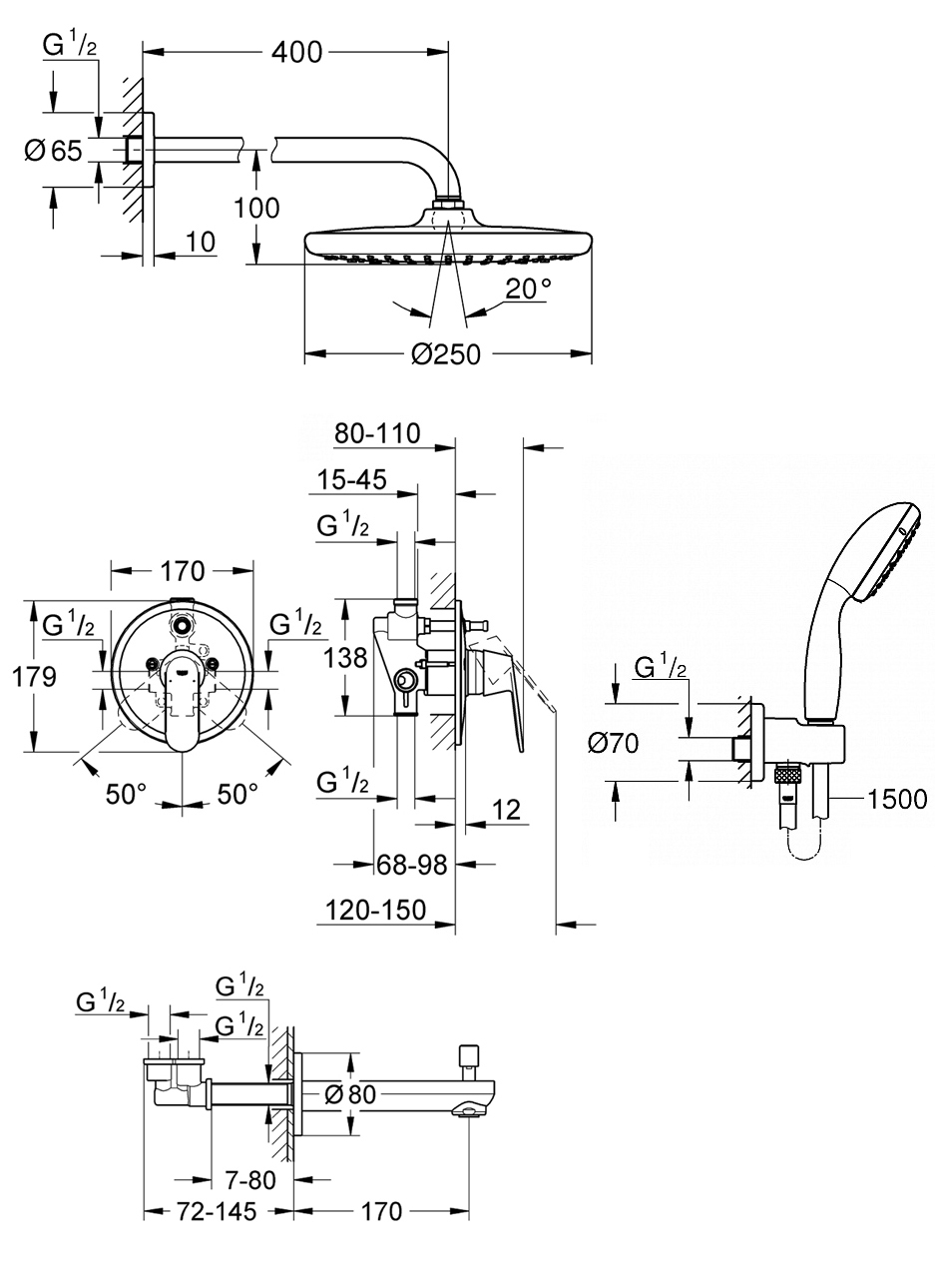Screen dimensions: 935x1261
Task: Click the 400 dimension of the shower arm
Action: pos(296,52)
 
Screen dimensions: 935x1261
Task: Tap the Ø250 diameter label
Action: pos(446,354)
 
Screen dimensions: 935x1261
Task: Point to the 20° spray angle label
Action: pos(529,289)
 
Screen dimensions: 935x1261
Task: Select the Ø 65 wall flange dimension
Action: pos(54,151)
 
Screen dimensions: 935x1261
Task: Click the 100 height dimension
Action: pos(256,208)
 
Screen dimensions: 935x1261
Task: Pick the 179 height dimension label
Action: pos(34,677)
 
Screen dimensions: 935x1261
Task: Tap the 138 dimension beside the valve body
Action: pos(345,658)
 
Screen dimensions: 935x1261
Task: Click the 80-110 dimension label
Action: pos(377,433)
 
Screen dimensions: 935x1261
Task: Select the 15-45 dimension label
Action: pos(352,479)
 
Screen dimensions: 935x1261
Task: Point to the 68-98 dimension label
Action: pos(412,865)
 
